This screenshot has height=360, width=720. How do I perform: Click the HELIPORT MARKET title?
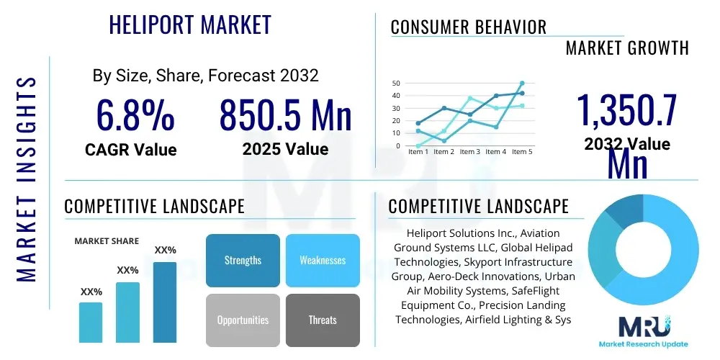point(190,24)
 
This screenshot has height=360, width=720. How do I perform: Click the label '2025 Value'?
point(285,149)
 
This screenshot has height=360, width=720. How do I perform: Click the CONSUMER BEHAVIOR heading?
point(468,27)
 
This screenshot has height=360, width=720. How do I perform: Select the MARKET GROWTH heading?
point(627,48)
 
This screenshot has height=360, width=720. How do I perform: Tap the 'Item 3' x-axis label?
point(469,152)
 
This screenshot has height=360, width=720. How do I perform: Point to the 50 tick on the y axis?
point(395,83)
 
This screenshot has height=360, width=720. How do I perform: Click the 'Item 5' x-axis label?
point(521,152)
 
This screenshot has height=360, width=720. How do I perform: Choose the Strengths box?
point(243,260)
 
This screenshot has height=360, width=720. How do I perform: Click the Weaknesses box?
point(323,260)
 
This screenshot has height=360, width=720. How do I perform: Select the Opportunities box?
point(243,320)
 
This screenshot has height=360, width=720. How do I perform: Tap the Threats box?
point(323,320)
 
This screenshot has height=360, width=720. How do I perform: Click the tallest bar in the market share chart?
point(165,302)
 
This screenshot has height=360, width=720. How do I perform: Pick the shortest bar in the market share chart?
point(91,322)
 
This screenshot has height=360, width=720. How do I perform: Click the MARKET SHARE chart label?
point(107,241)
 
